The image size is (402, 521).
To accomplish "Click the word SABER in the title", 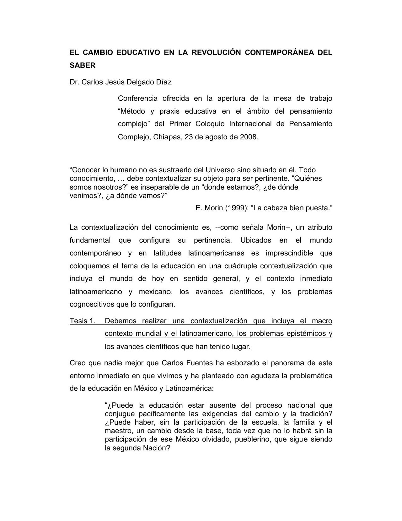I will [x=82, y=65].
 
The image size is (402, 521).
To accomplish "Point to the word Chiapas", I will [x=167, y=137].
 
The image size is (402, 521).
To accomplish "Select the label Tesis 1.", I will [x=82, y=321].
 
